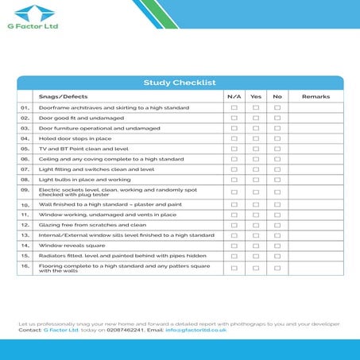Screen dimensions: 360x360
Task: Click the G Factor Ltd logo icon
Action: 31,13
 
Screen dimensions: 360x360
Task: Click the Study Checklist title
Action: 180,83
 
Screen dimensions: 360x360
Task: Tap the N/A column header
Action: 234,96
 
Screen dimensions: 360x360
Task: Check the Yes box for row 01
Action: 256,107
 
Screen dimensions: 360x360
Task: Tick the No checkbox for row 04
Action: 277,138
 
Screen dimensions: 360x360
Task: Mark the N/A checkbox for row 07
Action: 234,169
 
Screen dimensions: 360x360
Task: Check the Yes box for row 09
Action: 256,192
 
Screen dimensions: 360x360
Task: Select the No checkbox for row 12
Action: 277,225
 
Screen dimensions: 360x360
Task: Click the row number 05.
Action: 25,149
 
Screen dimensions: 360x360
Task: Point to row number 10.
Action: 25,205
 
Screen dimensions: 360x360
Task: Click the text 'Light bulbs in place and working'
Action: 85,180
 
